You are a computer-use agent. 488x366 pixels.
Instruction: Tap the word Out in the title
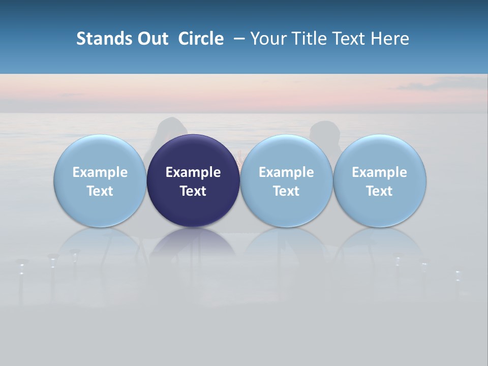(x=152, y=39)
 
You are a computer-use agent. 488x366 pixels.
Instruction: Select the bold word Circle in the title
(x=201, y=39)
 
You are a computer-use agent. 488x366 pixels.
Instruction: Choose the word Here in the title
(x=390, y=39)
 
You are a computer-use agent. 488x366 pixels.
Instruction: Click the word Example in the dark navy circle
(x=193, y=172)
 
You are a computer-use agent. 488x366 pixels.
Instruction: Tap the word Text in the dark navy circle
(x=193, y=191)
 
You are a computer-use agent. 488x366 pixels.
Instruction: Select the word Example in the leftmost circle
(x=100, y=172)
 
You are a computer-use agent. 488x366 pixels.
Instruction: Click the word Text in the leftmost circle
(x=100, y=191)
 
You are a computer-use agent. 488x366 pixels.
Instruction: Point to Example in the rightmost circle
(x=379, y=172)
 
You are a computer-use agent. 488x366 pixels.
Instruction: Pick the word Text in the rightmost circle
(x=379, y=191)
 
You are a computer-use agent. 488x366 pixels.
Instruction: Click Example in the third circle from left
(x=286, y=172)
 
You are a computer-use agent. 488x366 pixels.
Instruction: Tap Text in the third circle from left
(x=286, y=191)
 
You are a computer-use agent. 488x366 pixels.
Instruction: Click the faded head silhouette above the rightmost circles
(x=324, y=132)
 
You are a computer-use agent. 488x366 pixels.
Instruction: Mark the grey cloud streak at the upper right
(x=437, y=85)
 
